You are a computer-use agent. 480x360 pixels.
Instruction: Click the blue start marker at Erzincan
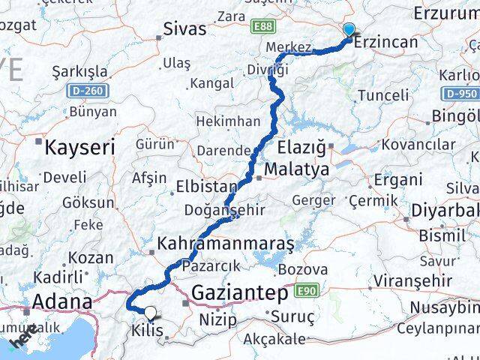coord(349,30)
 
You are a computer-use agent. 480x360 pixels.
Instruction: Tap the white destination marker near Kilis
coord(150,313)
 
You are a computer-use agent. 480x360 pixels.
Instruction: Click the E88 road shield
coord(262,27)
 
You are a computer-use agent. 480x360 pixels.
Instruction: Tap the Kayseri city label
coord(79,147)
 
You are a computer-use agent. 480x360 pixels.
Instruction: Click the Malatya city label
coord(296,169)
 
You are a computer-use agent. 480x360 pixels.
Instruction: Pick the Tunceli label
coord(383,95)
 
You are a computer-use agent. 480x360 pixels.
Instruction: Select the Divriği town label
coord(267,70)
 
